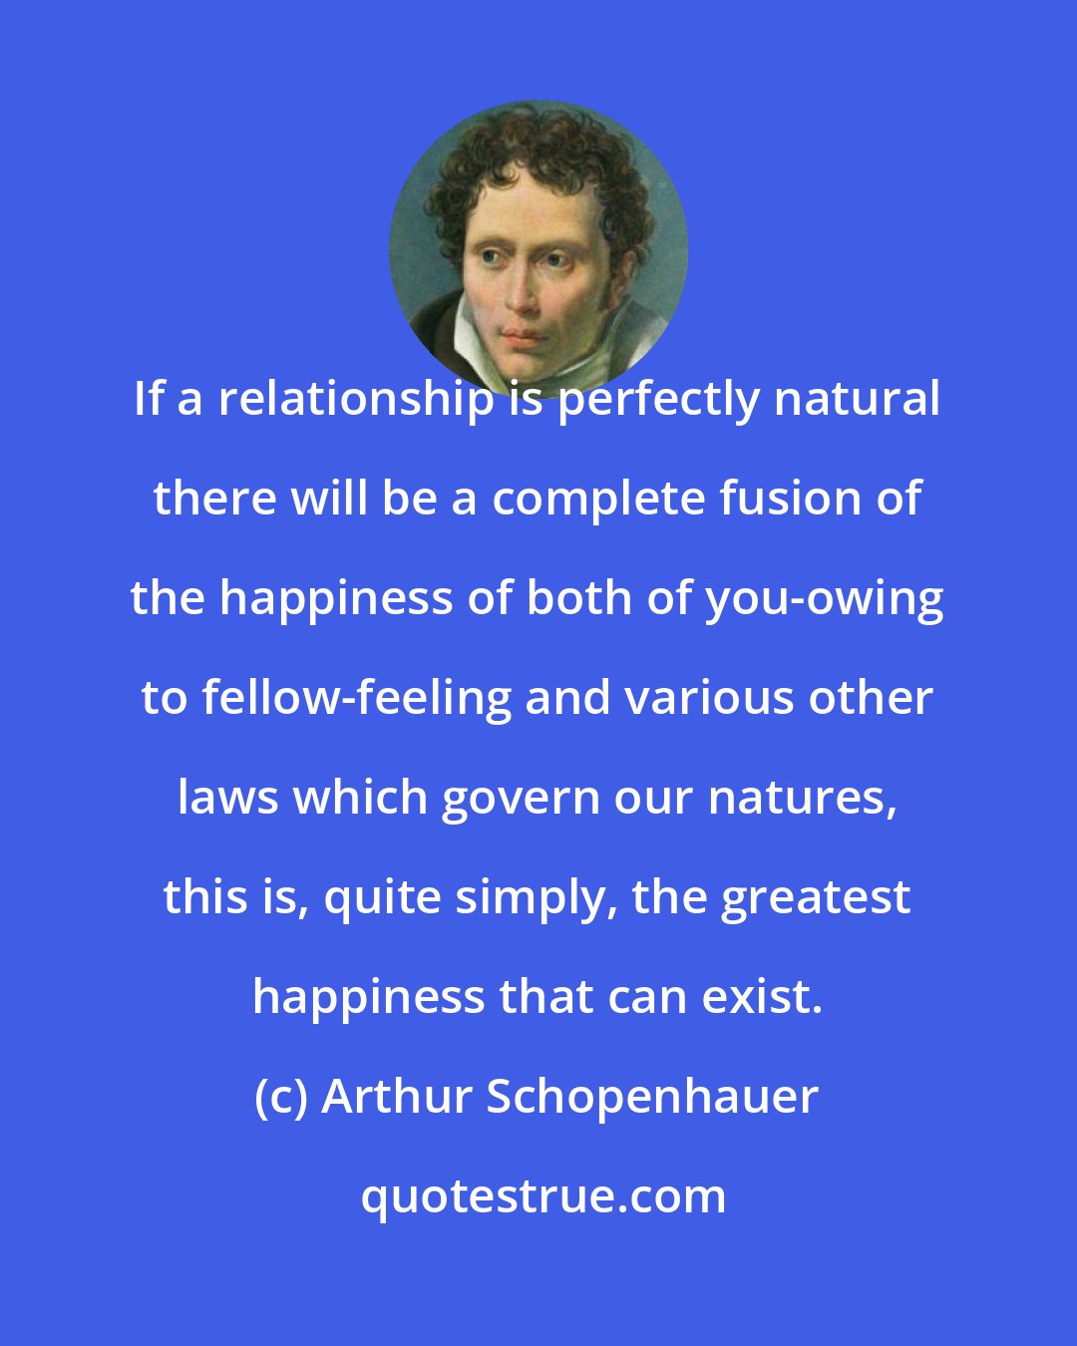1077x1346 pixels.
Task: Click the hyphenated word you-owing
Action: pyautogui.click(x=825, y=599)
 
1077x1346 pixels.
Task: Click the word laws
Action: pyautogui.click(x=227, y=798)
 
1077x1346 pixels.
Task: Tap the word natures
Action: pyautogui.click(x=806, y=799)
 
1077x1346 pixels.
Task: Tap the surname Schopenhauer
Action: pyautogui.click(x=652, y=1098)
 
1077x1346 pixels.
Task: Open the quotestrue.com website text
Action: pyautogui.click(x=543, y=1196)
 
